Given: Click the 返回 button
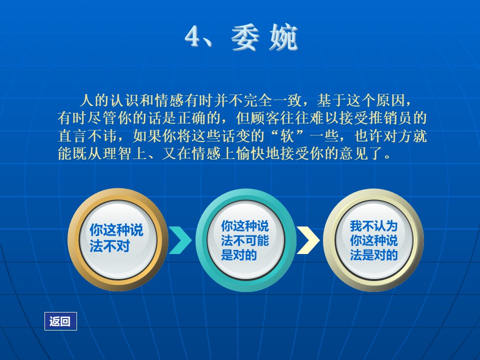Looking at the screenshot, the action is pos(60,321).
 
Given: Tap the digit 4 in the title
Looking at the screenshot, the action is pos(194,36).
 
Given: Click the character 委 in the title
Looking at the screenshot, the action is pos(245,37).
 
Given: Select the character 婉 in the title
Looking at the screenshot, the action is pos(283,37).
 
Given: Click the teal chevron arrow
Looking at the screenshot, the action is pos(180,240).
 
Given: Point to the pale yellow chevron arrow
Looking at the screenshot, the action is pos(308,240).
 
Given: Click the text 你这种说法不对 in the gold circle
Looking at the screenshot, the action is pos(116,238).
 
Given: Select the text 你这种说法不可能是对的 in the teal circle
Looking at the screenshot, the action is pos(245,240).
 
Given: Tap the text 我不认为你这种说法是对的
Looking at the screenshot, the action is pos(374,240).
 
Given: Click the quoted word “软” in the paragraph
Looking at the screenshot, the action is pos(287,136).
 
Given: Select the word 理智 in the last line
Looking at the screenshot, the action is pos(117,153).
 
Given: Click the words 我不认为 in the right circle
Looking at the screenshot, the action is pos(374,226).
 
